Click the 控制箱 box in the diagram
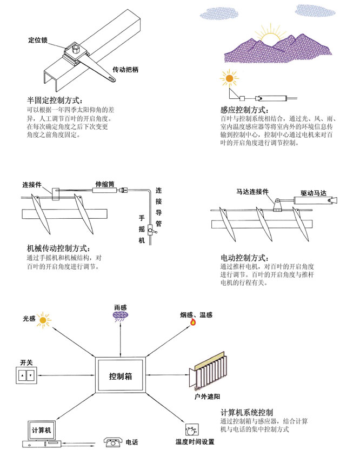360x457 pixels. (121, 375)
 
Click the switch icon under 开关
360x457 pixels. (25, 374)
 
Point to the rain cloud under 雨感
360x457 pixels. (120, 315)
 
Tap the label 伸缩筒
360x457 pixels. (104, 184)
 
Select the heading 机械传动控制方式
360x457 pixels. (58, 248)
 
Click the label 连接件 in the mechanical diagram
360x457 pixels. (32, 184)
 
